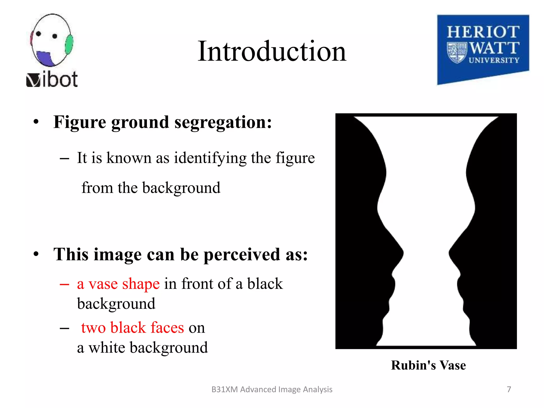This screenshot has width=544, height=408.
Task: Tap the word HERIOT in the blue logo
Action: pyautogui.click(x=483, y=32)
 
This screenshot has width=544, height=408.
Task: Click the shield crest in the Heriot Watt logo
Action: pyautogui.click(x=457, y=52)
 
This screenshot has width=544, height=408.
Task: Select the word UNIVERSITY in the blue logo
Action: pyautogui.click(x=494, y=60)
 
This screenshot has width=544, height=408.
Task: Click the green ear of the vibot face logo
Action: pyautogui.click(x=69, y=44)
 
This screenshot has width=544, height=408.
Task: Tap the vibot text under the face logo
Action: pyautogui.click(x=52, y=79)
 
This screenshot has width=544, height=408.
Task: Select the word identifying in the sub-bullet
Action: pyautogui.click(x=210, y=158)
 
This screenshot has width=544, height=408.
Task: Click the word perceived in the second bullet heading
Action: pyautogui.click(x=242, y=254)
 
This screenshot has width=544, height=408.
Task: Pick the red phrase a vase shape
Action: pyautogui.click(x=118, y=284)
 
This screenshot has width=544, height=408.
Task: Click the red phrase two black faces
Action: pyautogui.click(x=132, y=328)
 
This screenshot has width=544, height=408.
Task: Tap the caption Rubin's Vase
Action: pyautogui.click(x=428, y=365)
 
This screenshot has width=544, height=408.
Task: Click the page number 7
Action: pyautogui.click(x=509, y=389)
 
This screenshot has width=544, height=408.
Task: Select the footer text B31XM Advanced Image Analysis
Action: pyautogui.click(x=272, y=389)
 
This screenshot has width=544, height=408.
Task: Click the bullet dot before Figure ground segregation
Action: pyautogui.click(x=36, y=122)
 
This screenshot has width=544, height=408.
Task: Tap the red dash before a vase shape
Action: pyautogui.click(x=64, y=284)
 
